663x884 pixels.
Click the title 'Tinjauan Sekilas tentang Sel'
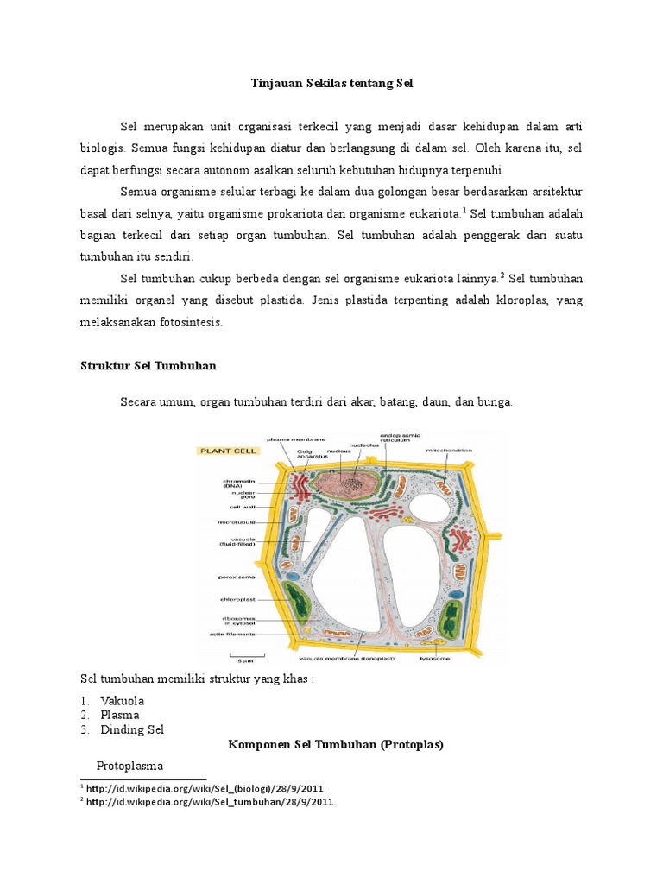click(x=332, y=84)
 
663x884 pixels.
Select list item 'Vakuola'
click(x=122, y=700)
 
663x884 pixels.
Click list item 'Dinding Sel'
click(x=131, y=729)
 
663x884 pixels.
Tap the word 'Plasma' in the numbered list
click(x=119, y=715)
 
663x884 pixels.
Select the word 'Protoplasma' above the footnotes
click(x=129, y=766)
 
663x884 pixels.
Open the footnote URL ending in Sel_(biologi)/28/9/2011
click(x=206, y=788)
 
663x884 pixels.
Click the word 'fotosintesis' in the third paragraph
click(x=187, y=322)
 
